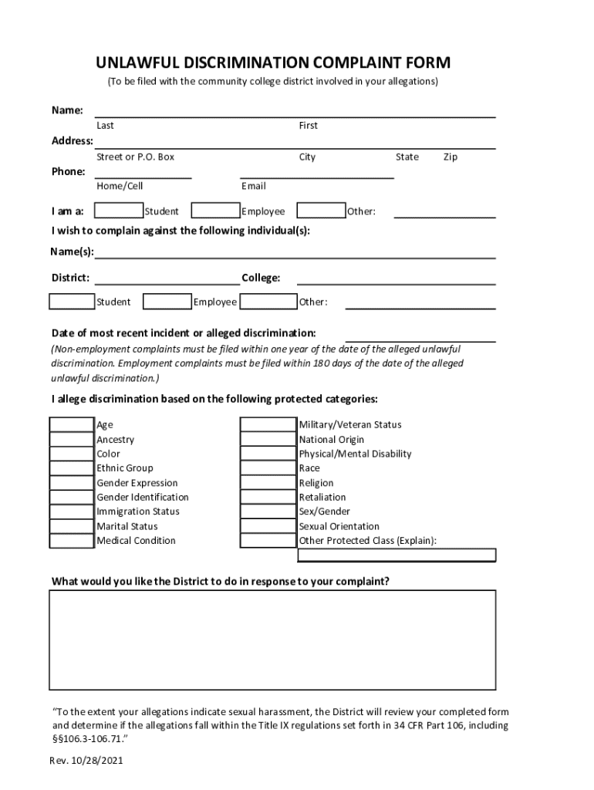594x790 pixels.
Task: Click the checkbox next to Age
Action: pyautogui.click(x=72, y=424)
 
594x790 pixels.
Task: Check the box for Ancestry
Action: pyautogui.click(x=72, y=439)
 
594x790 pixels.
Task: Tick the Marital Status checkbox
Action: pyautogui.click(x=72, y=526)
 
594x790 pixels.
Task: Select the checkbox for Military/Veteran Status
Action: pyautogui.click(x=268, y=424)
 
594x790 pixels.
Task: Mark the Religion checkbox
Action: pyautogui.click(x=268, y=483)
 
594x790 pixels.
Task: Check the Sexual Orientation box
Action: pyautogui.click(x=268, y=526)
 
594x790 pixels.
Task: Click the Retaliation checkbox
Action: pyautogui.click(x=268, y=497)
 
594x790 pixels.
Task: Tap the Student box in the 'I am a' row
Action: pyautogui.click(x=119, y=211)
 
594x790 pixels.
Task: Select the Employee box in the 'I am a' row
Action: pyautogui.click(x=215, y=211)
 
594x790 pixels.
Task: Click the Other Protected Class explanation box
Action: pyautogui.click(x=397, y=555)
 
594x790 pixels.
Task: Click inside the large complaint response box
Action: pyautogui.click(x=272, y=640)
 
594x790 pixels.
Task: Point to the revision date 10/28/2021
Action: pyautogui.click(x=96, y=761)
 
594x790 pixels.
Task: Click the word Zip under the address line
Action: pyautogui.click(x=451, y=157)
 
